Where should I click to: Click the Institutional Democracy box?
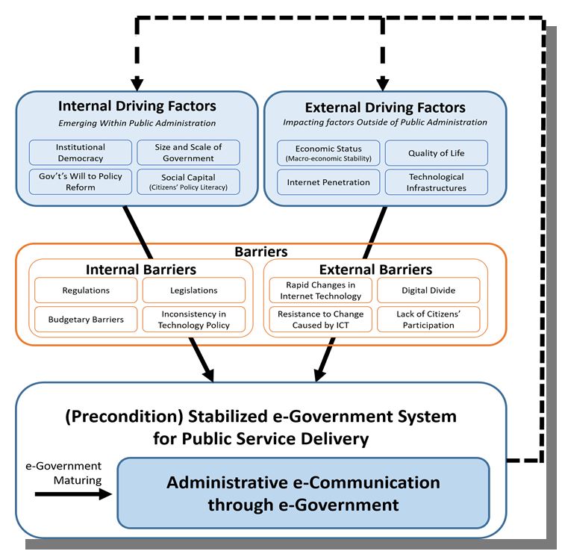click(81, 152)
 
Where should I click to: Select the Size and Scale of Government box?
click(188, 152)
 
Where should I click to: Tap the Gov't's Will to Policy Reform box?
click(81, 181)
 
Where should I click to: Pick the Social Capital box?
click(188, 181)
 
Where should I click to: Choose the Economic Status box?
click(328, 153)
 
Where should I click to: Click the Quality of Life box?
click(436, 153)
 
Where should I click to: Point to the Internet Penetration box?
click(328, 182)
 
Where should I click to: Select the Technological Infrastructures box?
click(436, 182)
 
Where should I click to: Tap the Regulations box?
click(86, 290)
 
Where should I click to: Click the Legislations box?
click(193, 290)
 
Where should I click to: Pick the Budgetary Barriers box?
click(86, 319)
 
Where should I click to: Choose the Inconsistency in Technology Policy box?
click(193, 319)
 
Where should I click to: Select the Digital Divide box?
click(428, 290)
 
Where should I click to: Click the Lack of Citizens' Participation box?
click(428, 319)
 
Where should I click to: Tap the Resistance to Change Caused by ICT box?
click(320, 319)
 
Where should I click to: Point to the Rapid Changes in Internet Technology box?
click(320, 290)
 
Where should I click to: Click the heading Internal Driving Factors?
click(137, 106)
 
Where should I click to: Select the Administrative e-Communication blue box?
click(303, 493)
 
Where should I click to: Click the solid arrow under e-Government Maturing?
click(73, 494)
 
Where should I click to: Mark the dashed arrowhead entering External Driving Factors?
click(383, 84)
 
